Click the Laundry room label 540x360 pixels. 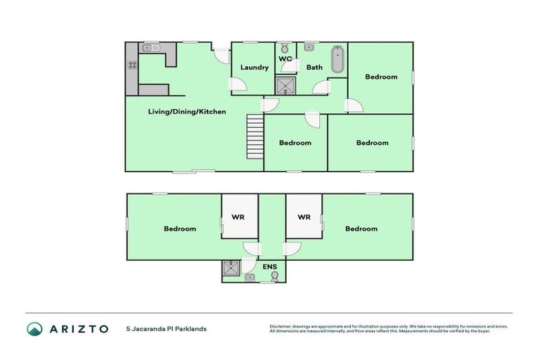point(255,67)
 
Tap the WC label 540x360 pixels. point(285,59)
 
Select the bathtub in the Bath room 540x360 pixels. point(337,59)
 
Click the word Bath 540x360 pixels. point(314,67)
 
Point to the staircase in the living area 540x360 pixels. point(254,138)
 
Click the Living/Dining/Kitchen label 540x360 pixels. point(187,112)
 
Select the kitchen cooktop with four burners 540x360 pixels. point(131,65)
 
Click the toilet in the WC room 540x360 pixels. point(284,49)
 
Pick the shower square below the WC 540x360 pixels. point(285,86)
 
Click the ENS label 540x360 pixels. point(269,267)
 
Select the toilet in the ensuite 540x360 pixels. point(274,277)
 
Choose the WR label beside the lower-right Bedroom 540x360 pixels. point(304,217)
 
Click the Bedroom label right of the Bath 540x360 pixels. point(381,77)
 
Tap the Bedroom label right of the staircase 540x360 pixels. point(295,143)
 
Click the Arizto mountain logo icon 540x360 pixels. point(34,328)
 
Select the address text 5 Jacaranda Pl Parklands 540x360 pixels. point(166,328)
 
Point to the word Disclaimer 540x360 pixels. point(283,326)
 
